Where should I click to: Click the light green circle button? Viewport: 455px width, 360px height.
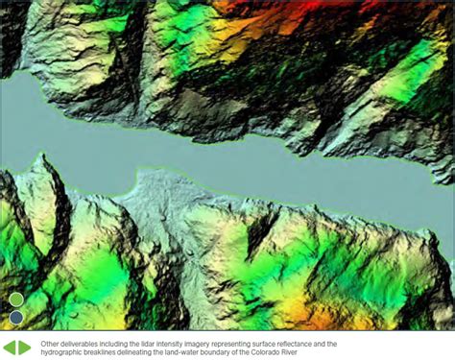click(x=16, y=300)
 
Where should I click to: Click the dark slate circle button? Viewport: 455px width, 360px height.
click(x=16, y=317)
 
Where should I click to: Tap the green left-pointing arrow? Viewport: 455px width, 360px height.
click(x=10, y=347)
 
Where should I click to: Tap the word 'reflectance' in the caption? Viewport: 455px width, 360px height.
click(x=278, y=343)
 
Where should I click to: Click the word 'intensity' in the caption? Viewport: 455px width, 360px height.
click(x=164, y=343)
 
